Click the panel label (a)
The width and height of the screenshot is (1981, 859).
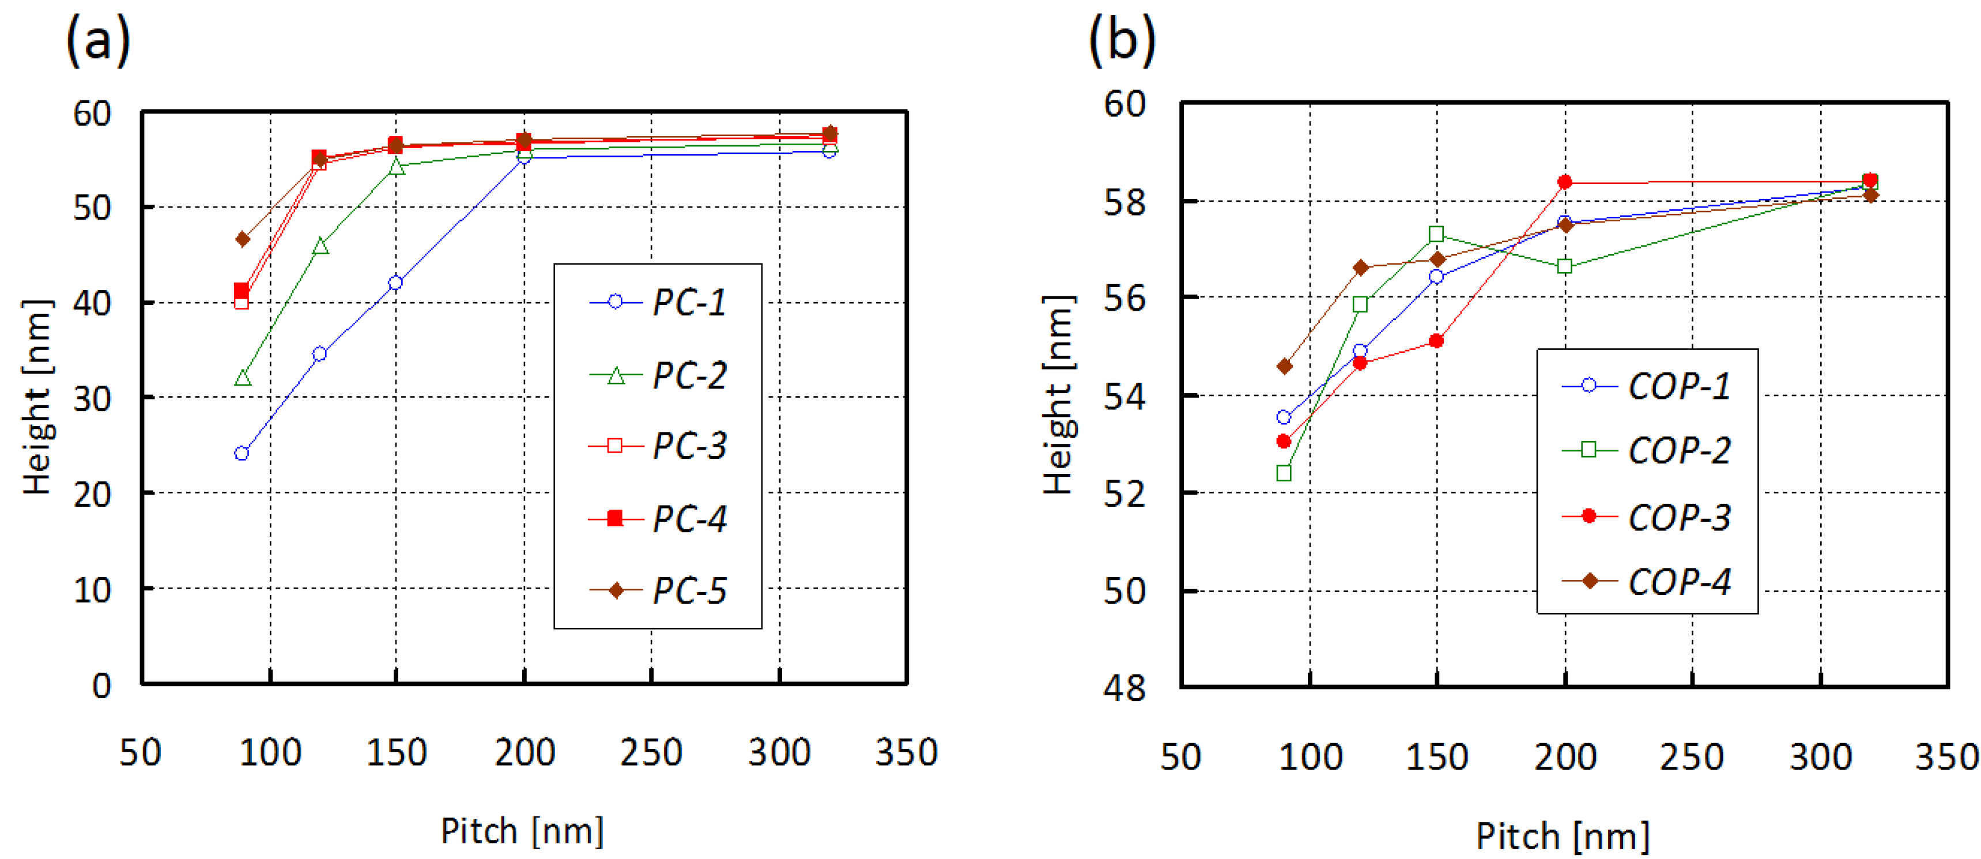point(99,40)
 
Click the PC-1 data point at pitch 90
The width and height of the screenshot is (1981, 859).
point(242,454)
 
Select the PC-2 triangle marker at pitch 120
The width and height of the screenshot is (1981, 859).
point(320,247)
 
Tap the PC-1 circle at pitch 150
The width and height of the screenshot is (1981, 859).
point(395,283)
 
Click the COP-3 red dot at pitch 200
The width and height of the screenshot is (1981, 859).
point(1565,182)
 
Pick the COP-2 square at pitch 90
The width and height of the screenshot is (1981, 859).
point(1284,473)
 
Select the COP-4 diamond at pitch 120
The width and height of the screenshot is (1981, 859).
point(1360,268)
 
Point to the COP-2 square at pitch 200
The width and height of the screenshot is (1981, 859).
point(1565,267)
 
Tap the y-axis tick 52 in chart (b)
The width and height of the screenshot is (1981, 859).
point(1125,493)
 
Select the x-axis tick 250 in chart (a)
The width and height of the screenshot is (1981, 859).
point(651,753)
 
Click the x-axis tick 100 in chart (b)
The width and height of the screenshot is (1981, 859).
point(1310,758)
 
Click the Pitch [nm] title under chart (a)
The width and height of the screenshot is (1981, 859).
point(522,831)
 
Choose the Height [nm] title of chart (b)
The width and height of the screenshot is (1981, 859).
point(1058,394)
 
